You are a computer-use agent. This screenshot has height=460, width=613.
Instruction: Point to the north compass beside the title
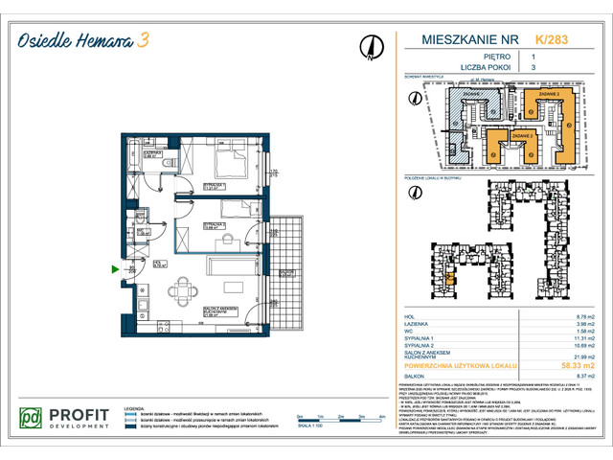pos(370,44)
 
